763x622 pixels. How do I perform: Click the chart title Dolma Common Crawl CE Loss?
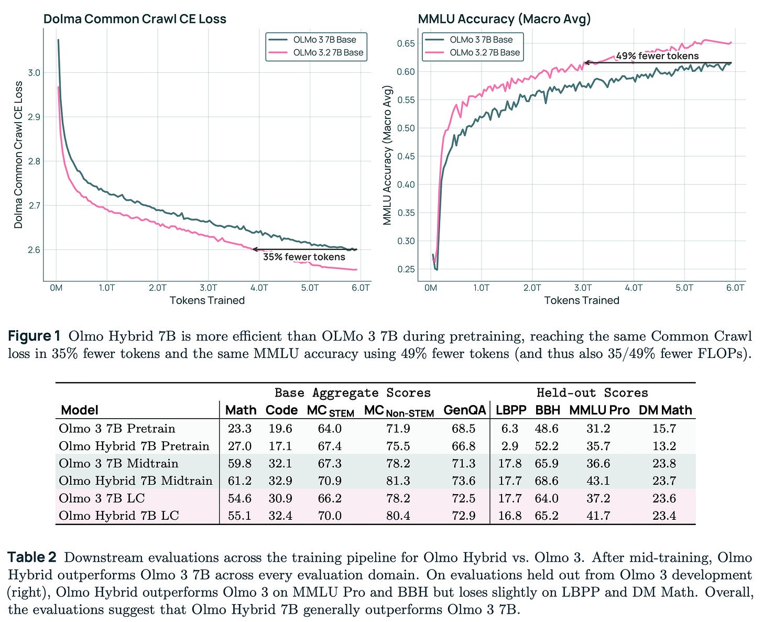click(134, 19)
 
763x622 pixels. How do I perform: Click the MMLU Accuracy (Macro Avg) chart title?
click(504, 19)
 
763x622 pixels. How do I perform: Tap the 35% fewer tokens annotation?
click(304, 257)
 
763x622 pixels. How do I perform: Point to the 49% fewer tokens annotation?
click(657, 56)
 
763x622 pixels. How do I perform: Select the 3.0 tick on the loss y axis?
click(34, 72)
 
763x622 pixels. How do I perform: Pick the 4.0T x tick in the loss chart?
click(259, 288)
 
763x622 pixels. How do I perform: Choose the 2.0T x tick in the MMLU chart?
click(532, 288)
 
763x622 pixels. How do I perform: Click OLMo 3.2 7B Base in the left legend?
click(328, 52)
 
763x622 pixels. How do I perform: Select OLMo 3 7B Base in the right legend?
click(481, 39)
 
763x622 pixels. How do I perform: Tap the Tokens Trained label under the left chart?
click(207, 300)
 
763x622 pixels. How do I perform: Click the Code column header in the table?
click(281, 410)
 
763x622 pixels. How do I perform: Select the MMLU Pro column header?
click(599, 410)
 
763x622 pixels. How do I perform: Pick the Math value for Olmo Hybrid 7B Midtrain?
click(239, 481)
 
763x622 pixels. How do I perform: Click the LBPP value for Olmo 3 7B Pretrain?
click(509, 429)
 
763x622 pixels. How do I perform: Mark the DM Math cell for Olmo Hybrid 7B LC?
click(664, 516)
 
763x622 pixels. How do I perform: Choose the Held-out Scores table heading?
click(592, 392)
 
